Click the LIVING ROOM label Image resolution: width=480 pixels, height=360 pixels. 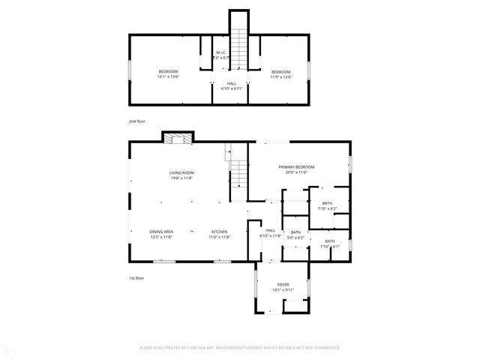[181, 172]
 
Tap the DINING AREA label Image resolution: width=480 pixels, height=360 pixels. [161, 231]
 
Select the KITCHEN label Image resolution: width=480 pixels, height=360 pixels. [219, 231]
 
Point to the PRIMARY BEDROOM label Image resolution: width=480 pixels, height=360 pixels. [296, 166]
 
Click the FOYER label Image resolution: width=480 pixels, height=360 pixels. [283, 284]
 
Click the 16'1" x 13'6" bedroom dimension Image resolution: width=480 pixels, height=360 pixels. [168, 76]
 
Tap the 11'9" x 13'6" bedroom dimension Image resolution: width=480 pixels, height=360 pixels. [281, 76]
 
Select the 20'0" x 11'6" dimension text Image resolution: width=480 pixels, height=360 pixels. [296, 172]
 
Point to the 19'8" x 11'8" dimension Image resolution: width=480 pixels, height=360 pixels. [181, 178]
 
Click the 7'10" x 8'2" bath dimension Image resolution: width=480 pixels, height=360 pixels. [327, 209]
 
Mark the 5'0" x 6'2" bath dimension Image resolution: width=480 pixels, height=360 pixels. [295, 238]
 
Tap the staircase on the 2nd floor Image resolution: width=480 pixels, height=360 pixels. [238, 47]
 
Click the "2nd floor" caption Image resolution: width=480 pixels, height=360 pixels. [136, 120]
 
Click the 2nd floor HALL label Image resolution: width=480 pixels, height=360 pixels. [232, 82]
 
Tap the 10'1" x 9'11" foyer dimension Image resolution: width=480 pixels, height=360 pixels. [283, 290]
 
